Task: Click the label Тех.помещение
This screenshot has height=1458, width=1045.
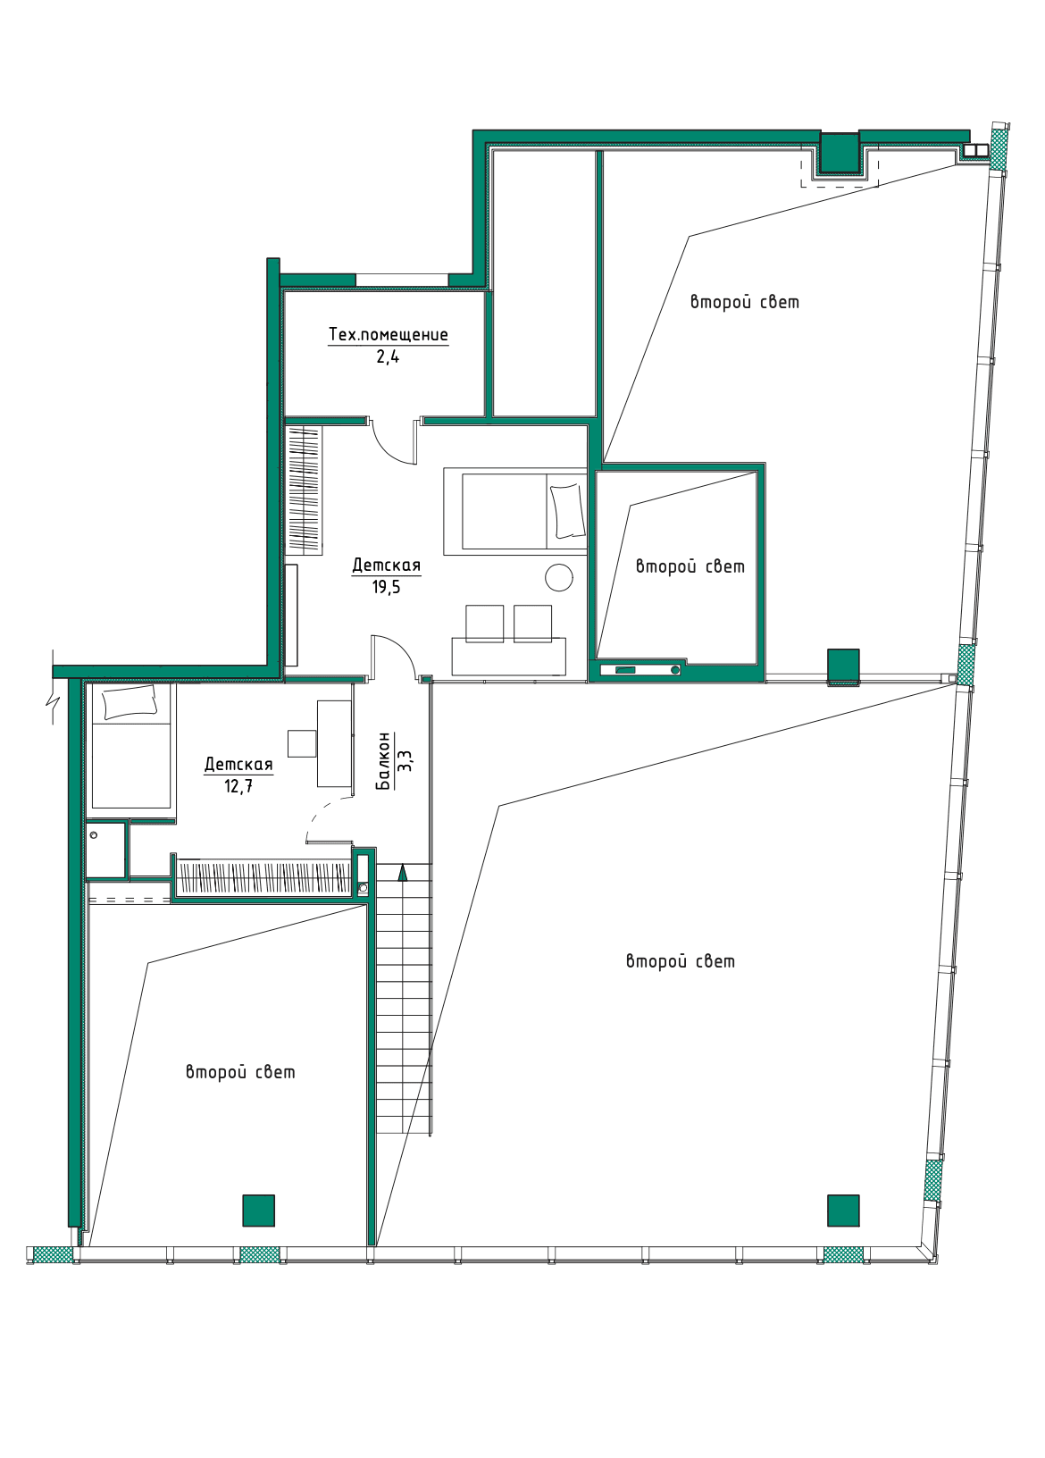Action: pos(388,334)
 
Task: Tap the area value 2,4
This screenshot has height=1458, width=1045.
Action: pos(388,356)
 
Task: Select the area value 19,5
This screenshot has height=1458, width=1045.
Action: pos(387,587)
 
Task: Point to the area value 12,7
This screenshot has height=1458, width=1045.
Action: pos(238,786)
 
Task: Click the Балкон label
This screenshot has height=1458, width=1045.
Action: pos(384,761)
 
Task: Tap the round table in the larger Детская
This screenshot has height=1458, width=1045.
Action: pos(558,577)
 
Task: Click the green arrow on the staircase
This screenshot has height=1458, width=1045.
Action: pos(403,872)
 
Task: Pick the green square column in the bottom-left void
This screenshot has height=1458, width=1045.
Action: pos(258,1210)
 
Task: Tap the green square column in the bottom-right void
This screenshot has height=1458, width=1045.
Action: pos(842,1210)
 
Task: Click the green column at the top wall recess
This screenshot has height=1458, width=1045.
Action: pos(840,152)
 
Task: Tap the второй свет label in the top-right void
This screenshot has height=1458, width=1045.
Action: pos(744,302)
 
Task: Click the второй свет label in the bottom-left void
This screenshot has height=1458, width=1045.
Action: pos(240,1072)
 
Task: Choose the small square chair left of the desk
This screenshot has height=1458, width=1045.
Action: pos(302,742)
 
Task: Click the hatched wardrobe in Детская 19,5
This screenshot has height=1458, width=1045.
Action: pos(304,490)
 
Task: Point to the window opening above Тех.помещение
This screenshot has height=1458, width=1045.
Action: pos(401,280)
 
